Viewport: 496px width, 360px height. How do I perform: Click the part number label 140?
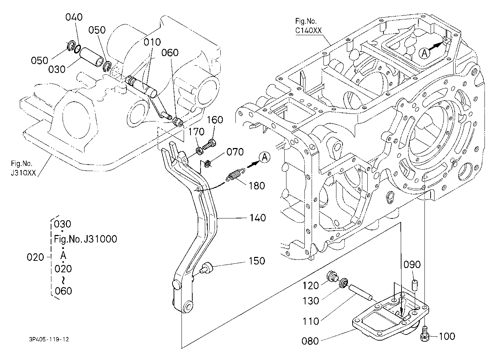pos(258,218)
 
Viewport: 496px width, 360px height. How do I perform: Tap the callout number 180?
pos(257,186)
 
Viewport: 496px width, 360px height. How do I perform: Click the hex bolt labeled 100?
pos(424,334)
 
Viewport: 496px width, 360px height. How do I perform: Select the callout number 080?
pos(310,341)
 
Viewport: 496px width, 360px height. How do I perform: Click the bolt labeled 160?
pos(210,144)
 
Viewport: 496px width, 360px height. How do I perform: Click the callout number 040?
pos(74,17)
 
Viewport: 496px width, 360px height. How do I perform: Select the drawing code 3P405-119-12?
pos(49,340)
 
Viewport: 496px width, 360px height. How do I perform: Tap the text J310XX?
pos(23,173)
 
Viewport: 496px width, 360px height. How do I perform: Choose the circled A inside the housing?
pos(424,54)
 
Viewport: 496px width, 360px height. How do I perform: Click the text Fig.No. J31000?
pos(86,239)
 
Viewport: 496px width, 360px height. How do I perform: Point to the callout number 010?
pos(152,42)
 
